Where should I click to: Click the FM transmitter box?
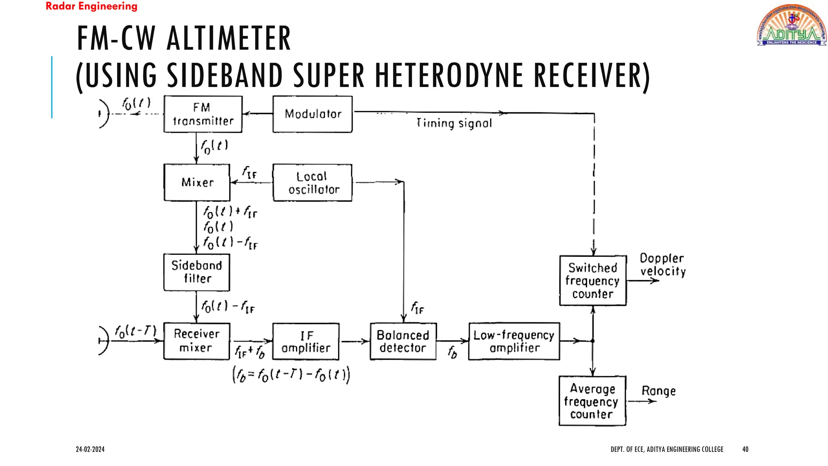click(x=203, y=114)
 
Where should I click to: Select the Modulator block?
click(x=313, y=114)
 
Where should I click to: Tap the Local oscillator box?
click(x=313, y=182)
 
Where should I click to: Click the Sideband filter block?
click(x=197, y=272)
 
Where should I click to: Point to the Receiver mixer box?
click(x=197, y=341)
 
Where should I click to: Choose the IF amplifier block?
click(x=306, y=341)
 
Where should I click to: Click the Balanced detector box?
click(x=403, y=341)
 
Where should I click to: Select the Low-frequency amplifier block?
click(x=514, y=341)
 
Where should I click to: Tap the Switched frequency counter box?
click(x=593, y=281)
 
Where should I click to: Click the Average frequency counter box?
click(x=592, y=401)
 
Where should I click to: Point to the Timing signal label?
click(x=454, y=123)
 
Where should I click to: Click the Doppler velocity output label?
click(x=663, y=265)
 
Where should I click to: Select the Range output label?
click(x=659, y=391)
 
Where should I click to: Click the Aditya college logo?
click(x=791, y=25)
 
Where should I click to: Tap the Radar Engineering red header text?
click(x=91, y=6)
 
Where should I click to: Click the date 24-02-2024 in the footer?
click(x=90, y=449)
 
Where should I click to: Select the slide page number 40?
click(x=745, y=449)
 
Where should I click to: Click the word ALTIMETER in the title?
click(x=229, y=38)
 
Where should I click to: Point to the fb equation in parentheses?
click(x=291, y=375)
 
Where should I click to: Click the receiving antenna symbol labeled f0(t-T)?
click(x=104, y=341)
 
